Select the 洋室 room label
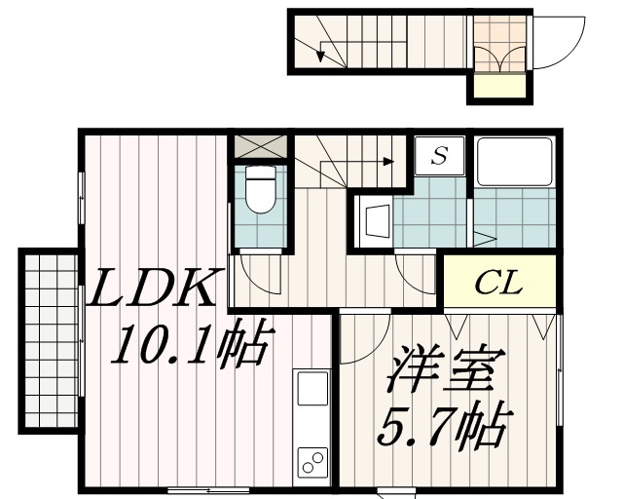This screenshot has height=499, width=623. click(447, 373)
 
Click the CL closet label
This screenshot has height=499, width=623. click(498, 285)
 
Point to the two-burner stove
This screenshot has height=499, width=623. click(312, 462)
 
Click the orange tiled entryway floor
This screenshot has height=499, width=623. click(499, 44)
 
